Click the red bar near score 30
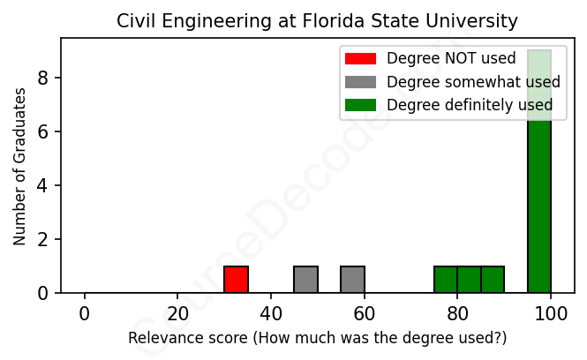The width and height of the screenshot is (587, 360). coord(236,279)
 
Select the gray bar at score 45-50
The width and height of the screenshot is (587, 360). coord(305,279)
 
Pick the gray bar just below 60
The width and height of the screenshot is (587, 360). coord(352,279)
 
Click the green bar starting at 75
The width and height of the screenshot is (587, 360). coord(446,279)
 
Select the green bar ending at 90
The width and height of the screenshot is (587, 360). coord(493,279)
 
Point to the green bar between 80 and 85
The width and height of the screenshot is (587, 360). coord(469,279)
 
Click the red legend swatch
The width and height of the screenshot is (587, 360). coord(360,58)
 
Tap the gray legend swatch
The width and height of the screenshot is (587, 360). coord(360,82)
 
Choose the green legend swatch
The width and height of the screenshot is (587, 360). coord(360,105)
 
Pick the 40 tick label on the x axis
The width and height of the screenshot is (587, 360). coord(271,314)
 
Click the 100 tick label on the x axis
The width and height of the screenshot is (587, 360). coord(551,314)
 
